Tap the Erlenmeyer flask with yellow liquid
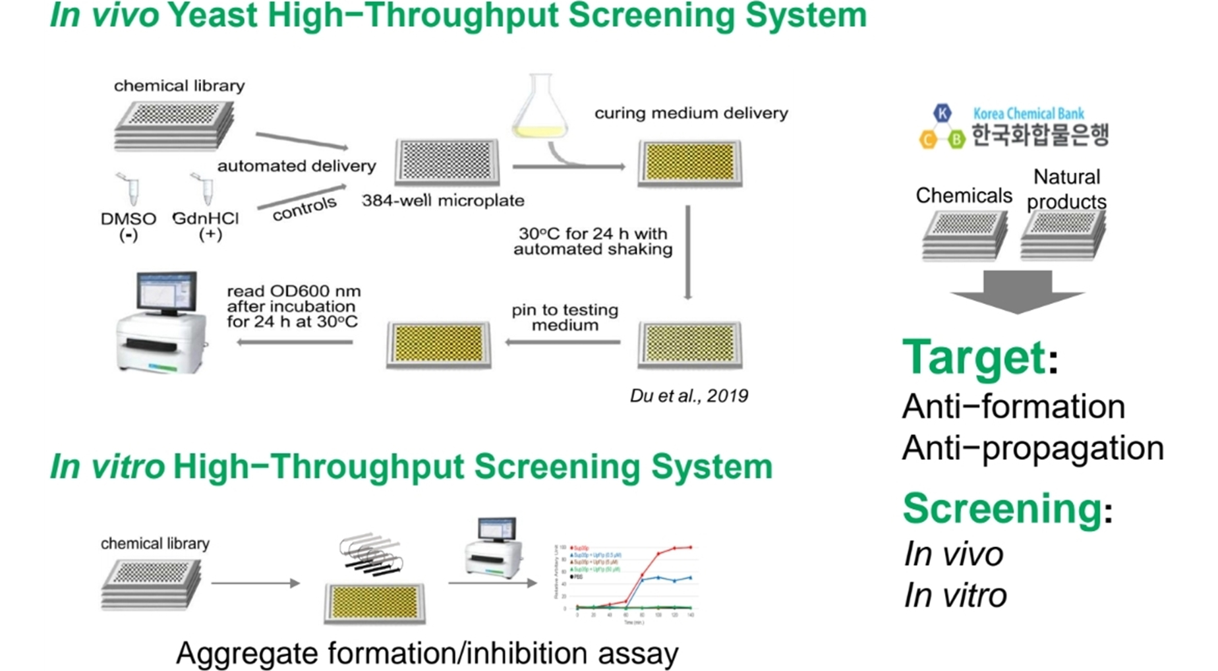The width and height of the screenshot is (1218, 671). click(x=540, y=108)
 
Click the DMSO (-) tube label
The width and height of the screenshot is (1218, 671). click(x=128, y=226)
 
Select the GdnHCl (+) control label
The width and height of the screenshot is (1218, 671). click(x=206, y=225)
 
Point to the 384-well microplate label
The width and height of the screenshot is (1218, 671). click(x=443, y=200)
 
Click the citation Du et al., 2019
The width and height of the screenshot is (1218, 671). click(x=689, y=395)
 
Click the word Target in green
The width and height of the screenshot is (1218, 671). click(x=973, y=357)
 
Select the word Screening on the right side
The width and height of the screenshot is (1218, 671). click(x=1002, y=508)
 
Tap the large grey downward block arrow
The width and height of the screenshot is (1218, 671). click(x=1017, y=291)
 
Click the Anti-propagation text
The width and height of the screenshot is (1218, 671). click(x=1033, y=448)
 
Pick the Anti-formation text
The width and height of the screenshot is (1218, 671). click(x=1014, y=406)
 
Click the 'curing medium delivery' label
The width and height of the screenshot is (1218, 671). click(x=691, y=113)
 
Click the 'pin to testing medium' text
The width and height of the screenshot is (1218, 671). click(x=565, y=317)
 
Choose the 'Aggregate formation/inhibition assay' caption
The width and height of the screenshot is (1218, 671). click(x=427, y=653)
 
